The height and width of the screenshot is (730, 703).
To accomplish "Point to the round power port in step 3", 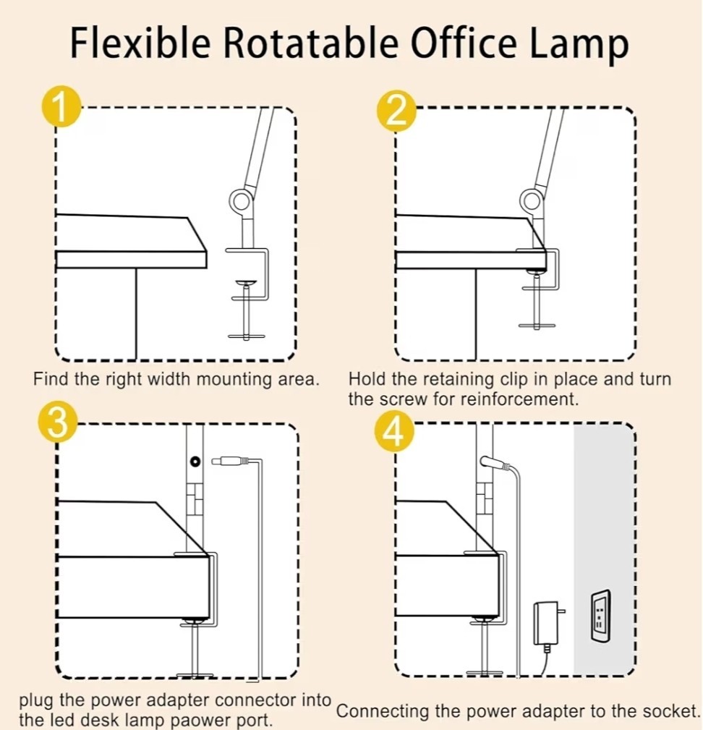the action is (x=195, y=461).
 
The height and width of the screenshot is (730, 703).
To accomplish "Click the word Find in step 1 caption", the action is (x=51, y=379).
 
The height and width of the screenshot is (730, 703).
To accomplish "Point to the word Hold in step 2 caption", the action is (x=367, y=379).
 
